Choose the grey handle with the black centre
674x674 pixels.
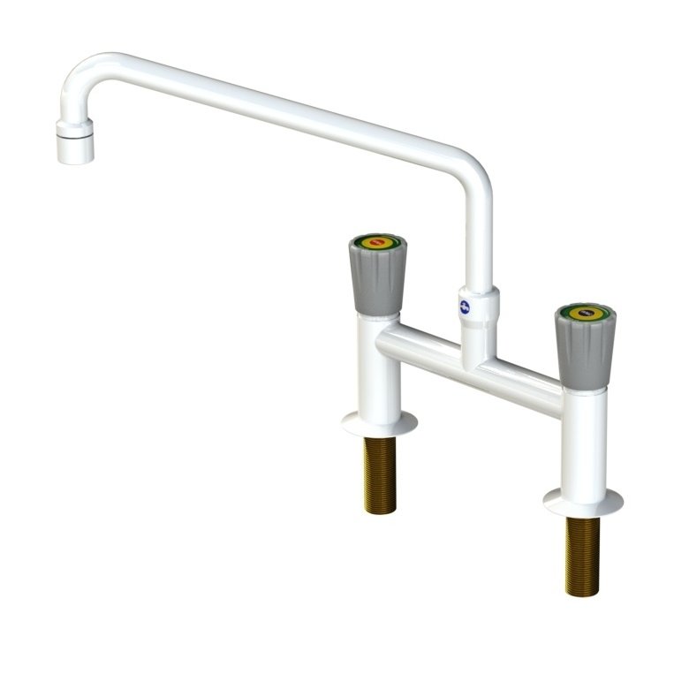pyautogui.click(x=583, y=348)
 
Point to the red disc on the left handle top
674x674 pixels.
pyautogui.click(x=377, y=240)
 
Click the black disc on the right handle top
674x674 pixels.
pyautogui.click(x=584, y=312)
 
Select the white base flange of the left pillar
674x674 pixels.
pyautogui.click(x=380, y=424)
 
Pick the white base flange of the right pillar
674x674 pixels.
pyautogui.click(x=583, y=501)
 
